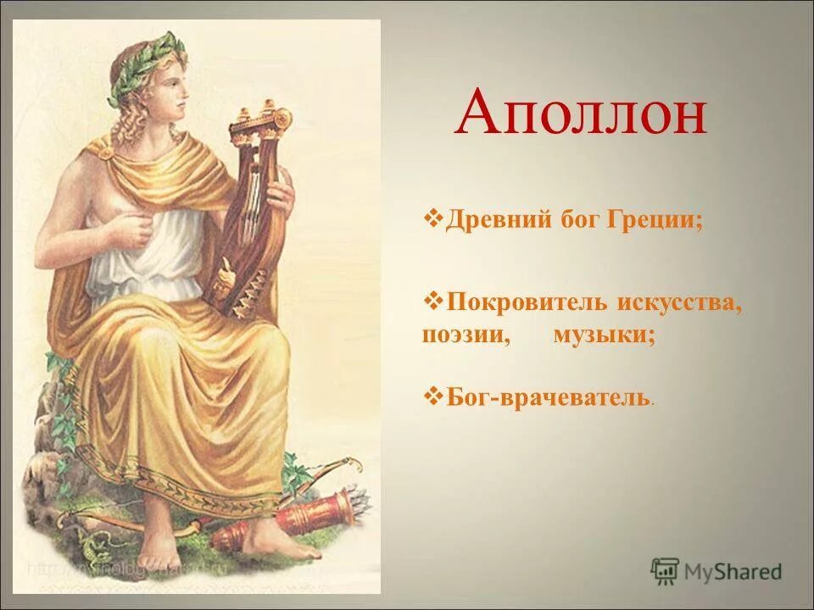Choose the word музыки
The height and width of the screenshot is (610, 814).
click(604, 335)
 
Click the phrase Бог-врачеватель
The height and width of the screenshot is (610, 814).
click(548, 396)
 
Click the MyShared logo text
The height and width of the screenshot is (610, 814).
click(734, 571)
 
